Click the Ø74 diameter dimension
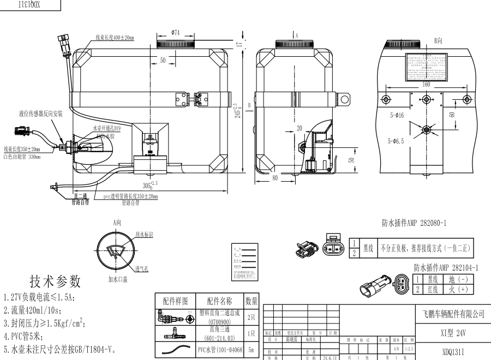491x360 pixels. pyautogui.click(x=175, y=33)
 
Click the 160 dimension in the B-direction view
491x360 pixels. pyautogui.click(x=426, y=85)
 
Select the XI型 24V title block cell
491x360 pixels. pyautogui.click(x=453, y=332)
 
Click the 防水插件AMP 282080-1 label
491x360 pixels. pyautogui.click(x=414, y=224)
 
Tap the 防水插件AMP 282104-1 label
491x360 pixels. pyautogui.click(x=446, y=267)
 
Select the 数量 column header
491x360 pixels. pyautogui.click(x=251, y=301)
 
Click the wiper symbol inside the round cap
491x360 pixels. pyautogui.click(x=116, y=251)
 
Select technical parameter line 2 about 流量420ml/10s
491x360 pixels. pyautogui.click(x=40, y=310)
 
